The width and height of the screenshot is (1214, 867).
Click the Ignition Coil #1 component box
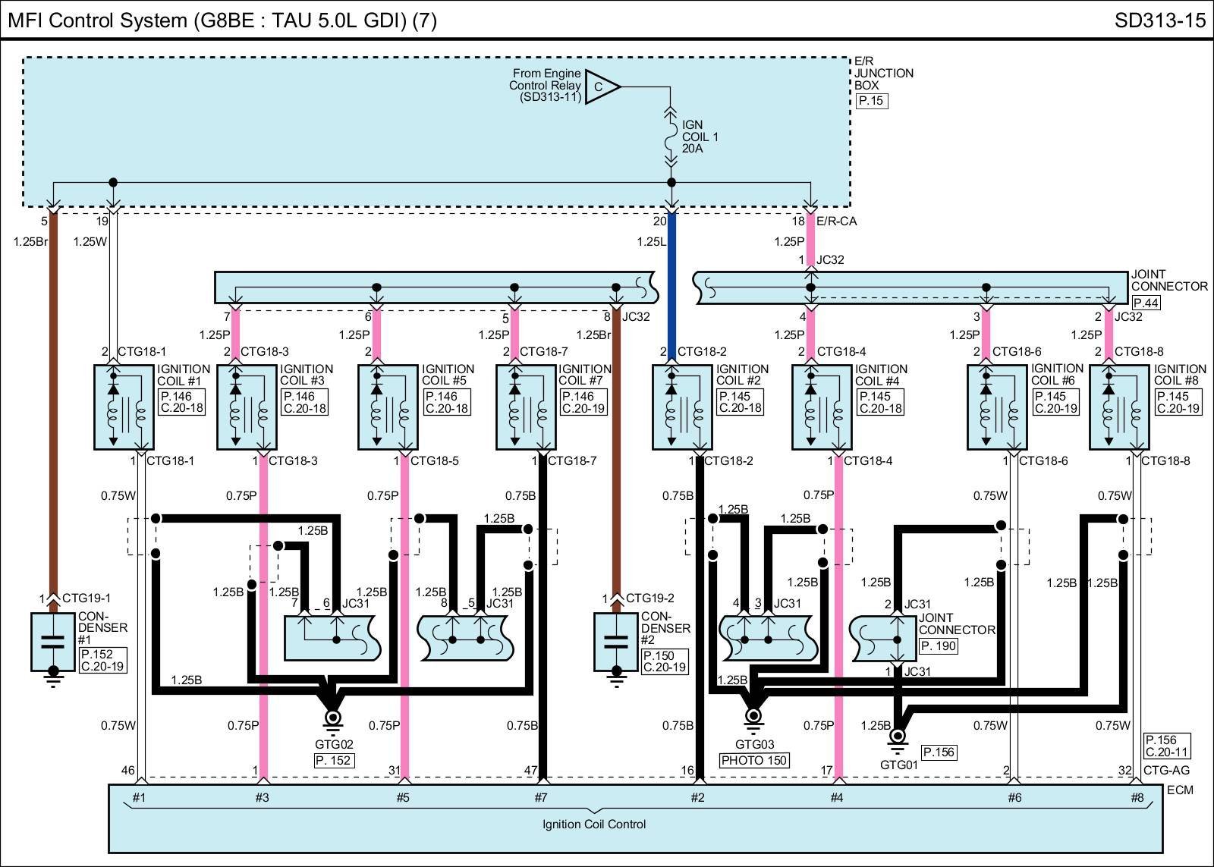click(x=123, y=407)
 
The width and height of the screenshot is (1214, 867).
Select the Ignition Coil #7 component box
click(x=526, y=407)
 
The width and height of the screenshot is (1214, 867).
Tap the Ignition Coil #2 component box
click(x=682, y=407)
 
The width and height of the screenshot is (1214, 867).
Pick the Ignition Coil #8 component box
click(x=1119, y=407)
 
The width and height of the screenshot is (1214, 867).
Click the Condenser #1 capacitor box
click(x=53, y=642)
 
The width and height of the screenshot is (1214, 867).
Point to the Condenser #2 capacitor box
click(x=616, y=642)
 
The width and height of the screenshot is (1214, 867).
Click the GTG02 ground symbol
click(x=332, y=718)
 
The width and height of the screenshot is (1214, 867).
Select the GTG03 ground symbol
click(x=753, y=716)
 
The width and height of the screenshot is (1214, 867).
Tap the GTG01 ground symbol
click(x=898, y=737)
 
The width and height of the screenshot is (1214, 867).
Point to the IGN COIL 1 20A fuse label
click(x=700, y=137)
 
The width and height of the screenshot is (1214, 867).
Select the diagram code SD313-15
click(x=1159, y=20)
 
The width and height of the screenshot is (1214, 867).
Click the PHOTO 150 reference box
click(x=754, y=760)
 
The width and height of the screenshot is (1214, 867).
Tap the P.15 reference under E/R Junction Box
click(x=871, y=101)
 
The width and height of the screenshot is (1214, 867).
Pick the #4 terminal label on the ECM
click(x=837, y=797)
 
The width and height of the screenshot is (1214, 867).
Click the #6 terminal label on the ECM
click(x=1014, y=797)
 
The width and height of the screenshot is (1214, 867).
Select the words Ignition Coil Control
click(x=594, y=824)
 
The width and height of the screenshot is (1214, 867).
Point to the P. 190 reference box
click(x=939, y=646)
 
